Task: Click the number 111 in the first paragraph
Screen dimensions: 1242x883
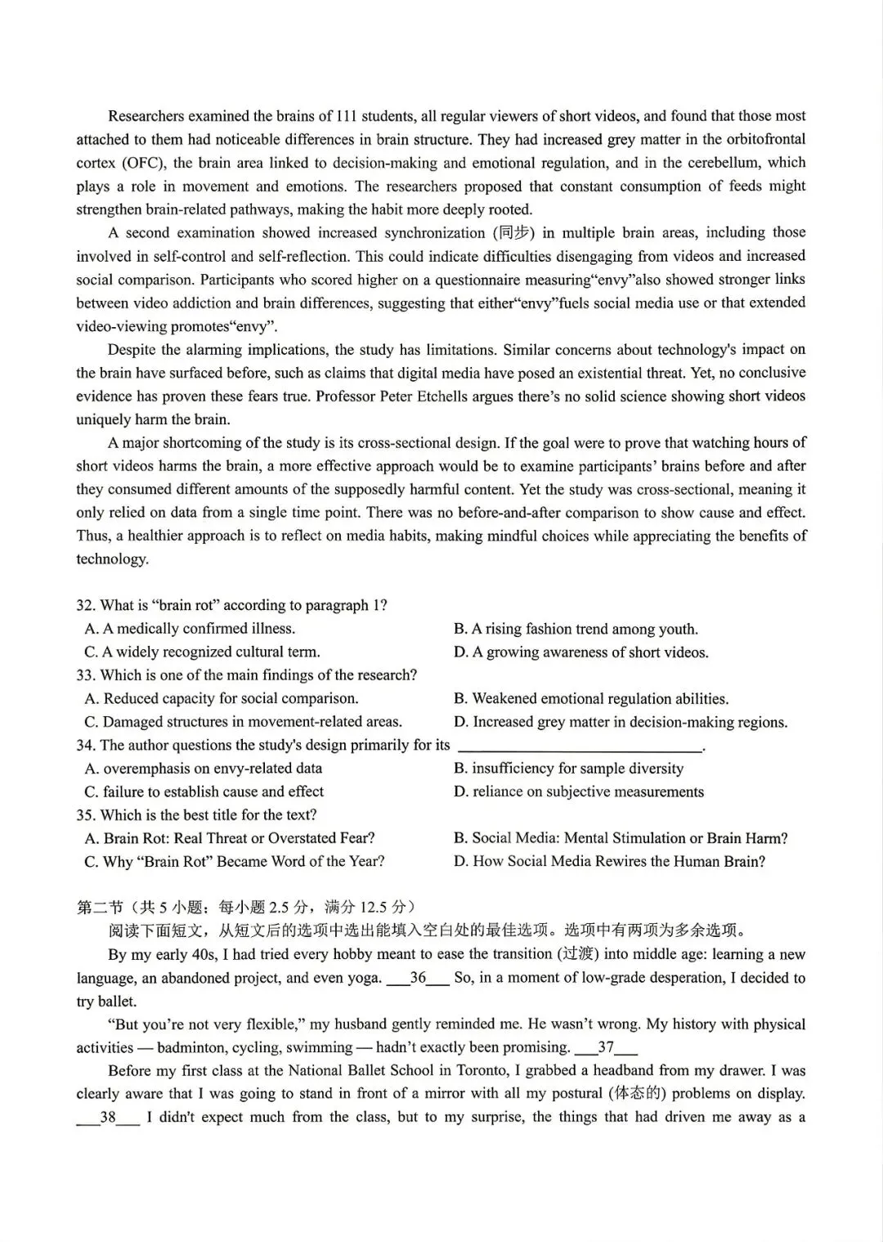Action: (x=347, y=116)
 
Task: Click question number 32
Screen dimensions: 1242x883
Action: (x=85, y=606)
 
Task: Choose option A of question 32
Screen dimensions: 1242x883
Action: (x=190, y=629)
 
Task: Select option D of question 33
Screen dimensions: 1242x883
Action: (x=621, y=722)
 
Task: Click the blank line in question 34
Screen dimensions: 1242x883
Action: (x=580, y=747)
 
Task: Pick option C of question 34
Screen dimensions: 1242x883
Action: (x=204, y=791)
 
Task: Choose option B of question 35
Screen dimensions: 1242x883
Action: (x=621, y=838)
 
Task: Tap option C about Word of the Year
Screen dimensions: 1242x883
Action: (x=235, y=862)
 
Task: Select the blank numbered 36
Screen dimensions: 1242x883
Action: (x=418, y=978)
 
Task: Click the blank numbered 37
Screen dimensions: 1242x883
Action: (x=606, y=1047)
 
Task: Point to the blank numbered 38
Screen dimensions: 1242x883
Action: (x=108, y=1118)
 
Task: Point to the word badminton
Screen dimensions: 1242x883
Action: (x=191, y=1047)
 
